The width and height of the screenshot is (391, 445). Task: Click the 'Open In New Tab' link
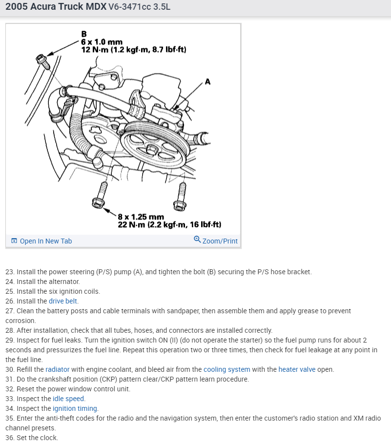pos(45,241)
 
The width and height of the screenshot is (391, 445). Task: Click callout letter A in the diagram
pos(208,81)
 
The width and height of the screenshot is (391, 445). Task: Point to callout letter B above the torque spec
pos(84,34)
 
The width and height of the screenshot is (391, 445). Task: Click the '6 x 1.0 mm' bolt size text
pos(102,42)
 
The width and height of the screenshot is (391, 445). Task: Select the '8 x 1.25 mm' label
pos(141,217)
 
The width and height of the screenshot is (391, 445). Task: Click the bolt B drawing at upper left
pos(41,61)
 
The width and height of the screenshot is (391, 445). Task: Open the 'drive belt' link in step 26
pos(63,301)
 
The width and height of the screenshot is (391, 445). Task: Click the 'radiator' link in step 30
pos(58,369)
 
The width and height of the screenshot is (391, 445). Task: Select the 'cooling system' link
pos(226,369)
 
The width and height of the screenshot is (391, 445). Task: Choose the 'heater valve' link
pos(297,369)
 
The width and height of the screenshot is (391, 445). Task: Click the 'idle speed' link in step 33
pos(69,399)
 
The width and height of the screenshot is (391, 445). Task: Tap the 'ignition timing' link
pos(75,408)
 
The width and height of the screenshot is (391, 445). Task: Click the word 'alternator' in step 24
pos(63,282)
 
